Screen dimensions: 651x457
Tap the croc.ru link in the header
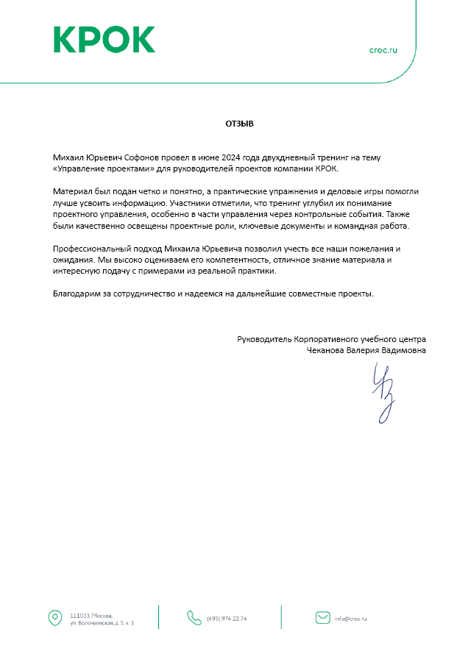pyautogui.click(x=383, y=50)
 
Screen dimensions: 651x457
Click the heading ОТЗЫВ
pyautogui.click(x=239, y=124)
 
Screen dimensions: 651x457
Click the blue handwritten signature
pyautogui.click(x=385, y=394)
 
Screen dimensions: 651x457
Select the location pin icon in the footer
pyautogui.click(x=54, y=617)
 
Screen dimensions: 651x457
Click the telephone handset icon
pyautogui.click(x=194, y=617)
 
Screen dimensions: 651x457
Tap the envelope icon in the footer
pyautogui.click(x=322, y=617)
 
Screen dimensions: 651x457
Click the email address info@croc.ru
pyautogui.click(x=351, y=618)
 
